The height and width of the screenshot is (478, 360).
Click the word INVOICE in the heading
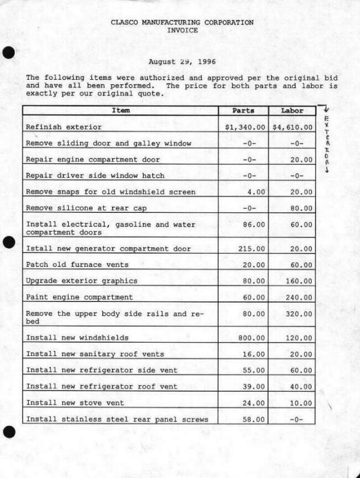[182, 31]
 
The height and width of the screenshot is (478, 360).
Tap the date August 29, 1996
[182, 62]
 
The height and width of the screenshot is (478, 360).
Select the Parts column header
[243, 111]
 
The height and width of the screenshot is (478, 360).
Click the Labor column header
[292, 111]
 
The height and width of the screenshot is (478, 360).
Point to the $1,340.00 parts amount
[245, 127]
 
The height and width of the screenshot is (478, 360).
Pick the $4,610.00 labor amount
[292, 127]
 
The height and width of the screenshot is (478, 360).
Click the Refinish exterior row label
[64, 127]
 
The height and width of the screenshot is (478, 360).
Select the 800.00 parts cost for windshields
[252, 338]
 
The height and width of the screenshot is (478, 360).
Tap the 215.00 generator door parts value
[252, 249]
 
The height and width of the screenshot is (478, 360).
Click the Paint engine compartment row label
[79, 297]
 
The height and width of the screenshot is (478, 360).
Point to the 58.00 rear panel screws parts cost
[254, 419]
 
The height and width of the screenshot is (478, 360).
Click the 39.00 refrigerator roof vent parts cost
[254, 387]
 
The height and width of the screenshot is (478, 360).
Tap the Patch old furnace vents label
[77, 265]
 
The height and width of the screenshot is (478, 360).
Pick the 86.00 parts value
[254, 225]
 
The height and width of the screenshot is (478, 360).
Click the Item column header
[120, 111]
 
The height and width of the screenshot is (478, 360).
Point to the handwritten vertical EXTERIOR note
[326, 143]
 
